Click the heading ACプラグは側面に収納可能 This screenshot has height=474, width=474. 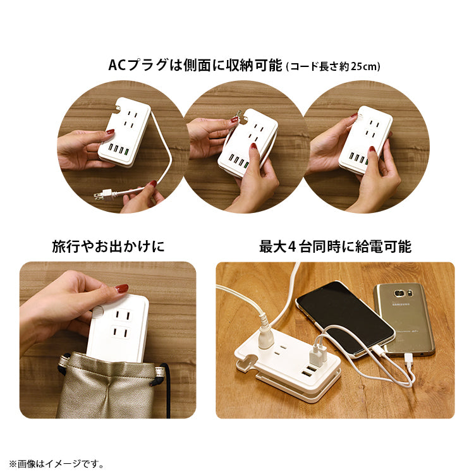point(195,65)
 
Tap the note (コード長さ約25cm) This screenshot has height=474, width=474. point(333,66)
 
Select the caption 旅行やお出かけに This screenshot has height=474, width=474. point(108,246)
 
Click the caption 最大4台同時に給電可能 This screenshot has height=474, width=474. point(335,246)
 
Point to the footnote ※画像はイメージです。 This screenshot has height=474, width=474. point(56,463)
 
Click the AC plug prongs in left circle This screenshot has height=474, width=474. point(98,196)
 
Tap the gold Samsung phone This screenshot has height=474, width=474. point(404,319)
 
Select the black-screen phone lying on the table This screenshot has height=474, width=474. point(345,319)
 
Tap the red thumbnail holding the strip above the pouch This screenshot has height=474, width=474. point(121,288)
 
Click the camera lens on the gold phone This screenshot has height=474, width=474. point(399,293)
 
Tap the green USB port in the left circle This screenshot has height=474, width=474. point(126,151)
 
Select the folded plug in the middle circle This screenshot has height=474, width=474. point(238,115)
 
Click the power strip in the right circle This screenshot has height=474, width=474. point(365,140)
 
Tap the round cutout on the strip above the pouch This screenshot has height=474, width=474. point(97,312)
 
